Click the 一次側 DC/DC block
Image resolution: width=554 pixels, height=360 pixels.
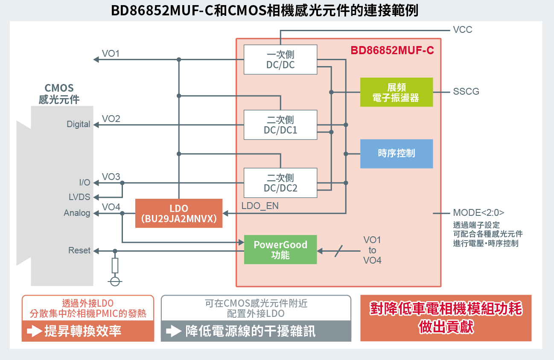click(x=280, y=60)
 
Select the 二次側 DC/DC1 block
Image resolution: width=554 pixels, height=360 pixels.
click(x=280, y=125)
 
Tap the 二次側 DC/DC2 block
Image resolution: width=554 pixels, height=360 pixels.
click(x=280, y=183)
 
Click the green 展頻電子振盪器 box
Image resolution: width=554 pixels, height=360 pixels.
click(x=397, y=92)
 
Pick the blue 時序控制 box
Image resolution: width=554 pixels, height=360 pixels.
click(x=397, y=154)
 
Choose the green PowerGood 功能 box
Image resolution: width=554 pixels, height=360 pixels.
click(x=280, y=250)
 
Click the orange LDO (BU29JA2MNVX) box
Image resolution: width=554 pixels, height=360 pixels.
click(x=179, y=213)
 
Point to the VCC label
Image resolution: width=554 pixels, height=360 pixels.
click(x=463, y=30)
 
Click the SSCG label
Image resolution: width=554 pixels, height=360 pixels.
click(x=466, y=91)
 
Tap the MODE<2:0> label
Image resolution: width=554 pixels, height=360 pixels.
click(x=478, y=212)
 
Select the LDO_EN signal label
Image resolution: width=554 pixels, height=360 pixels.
click(x=260, y=206)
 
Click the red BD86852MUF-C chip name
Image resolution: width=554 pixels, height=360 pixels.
click(x=392, y=50)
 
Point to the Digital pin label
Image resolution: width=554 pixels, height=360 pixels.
click(x=79, y=124)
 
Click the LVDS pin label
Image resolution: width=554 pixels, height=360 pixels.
click(x=79, y=197)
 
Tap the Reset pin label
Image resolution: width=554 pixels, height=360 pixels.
click(x=79, y=250)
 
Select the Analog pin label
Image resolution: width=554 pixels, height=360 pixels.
click(x=77, y=213)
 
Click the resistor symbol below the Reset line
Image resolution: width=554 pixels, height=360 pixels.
click(x=115, y=266)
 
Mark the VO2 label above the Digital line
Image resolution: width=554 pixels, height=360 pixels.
click(x=111, y=119)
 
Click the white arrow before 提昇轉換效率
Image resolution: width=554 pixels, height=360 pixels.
click(x=35, y=331)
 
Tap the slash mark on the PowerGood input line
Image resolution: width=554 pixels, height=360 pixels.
click(x=338, y=251)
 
